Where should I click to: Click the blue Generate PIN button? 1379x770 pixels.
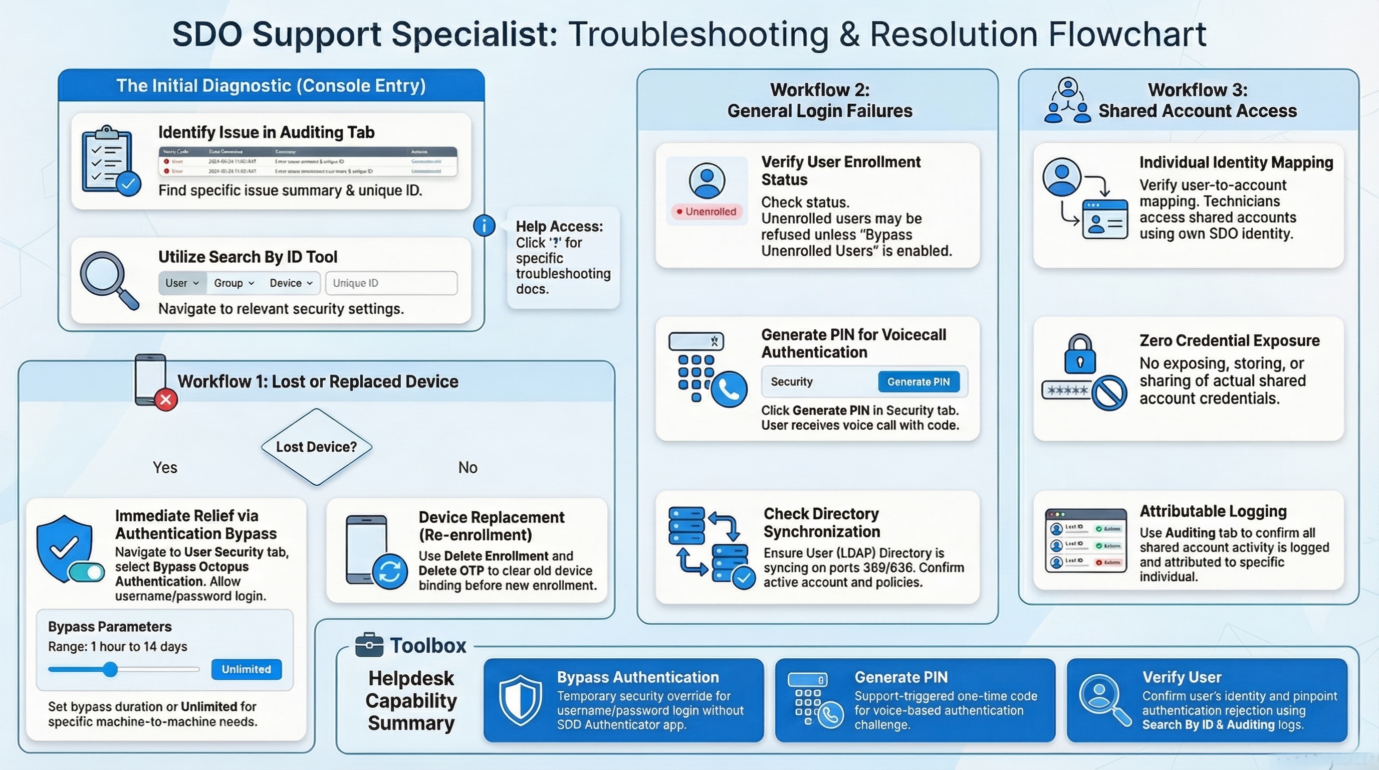point(918,382)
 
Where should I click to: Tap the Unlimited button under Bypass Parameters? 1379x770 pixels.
point(246,669)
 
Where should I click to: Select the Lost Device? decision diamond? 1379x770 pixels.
point(316,447)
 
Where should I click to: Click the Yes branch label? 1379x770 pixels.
point(165,467)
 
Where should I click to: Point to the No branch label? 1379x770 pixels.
point(468,467)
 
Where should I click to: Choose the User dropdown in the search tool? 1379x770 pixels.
point(181,283)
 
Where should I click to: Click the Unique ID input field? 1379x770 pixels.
point(391,283)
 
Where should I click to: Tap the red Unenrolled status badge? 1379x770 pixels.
point(707,212)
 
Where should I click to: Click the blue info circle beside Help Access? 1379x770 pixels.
point(484,226)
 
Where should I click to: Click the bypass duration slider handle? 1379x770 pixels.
point(110,669)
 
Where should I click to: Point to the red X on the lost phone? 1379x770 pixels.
point(166,400)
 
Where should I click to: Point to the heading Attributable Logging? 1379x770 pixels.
point(1213,511)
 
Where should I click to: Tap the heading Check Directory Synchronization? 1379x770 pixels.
point(821,523)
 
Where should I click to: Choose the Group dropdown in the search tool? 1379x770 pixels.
point(234,283)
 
